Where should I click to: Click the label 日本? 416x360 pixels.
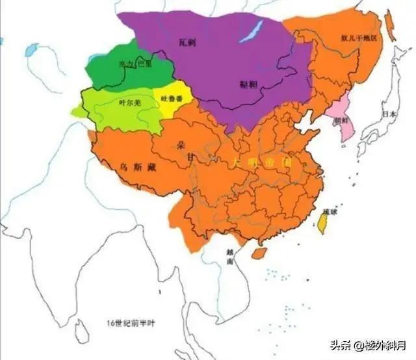click(389, 113)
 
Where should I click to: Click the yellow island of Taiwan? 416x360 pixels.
click(322, 225)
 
